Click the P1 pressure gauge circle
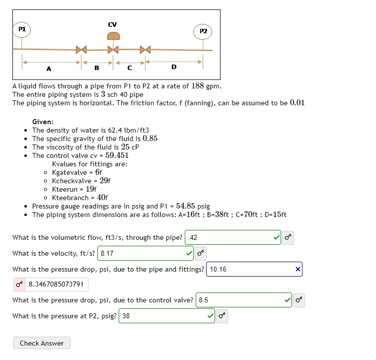coord(22,29)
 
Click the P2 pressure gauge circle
coord(203,31)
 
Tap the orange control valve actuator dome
coord(114,36)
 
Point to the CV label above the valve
coord(112,24)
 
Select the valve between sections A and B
coord(81,50)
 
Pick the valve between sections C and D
coord(145,50)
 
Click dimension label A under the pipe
coord(49,68)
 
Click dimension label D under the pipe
coord(173,67)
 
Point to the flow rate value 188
coord(198,86)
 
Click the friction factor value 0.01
coord(297,103)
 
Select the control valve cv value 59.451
coord(117,155)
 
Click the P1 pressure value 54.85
coord(186,206)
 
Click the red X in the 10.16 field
coord(298,270)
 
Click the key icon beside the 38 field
coord(222,316)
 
